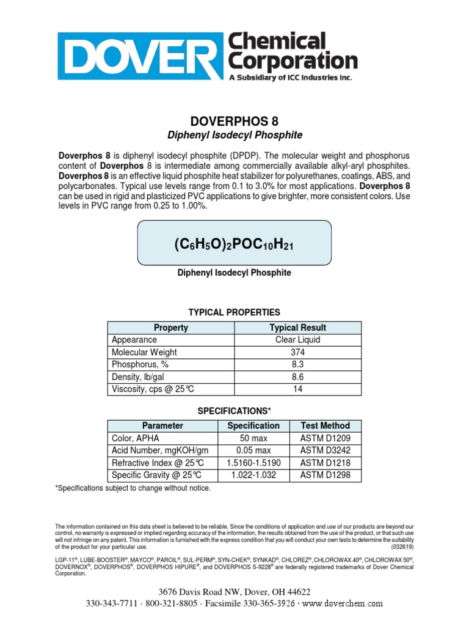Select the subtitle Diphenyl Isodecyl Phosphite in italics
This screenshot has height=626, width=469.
click(234, 134)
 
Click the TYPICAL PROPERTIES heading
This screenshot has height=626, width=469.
click(234, 312)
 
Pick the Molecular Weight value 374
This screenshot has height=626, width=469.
click(297, 352)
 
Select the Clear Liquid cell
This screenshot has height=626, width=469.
click(297, 340)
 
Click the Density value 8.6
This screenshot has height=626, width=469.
click(297, 377)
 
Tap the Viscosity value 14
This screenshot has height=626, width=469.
click(297, 389)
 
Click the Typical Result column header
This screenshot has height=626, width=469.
click(297, 328)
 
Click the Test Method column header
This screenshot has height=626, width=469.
click(325, 425)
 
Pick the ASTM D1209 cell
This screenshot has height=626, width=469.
click(325, 438)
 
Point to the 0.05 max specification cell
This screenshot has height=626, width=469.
click(253, 451)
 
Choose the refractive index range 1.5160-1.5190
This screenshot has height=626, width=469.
click(253, 463)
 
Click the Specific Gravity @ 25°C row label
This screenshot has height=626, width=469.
click(156, 475)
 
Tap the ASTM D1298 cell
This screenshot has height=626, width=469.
click(325, 475)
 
